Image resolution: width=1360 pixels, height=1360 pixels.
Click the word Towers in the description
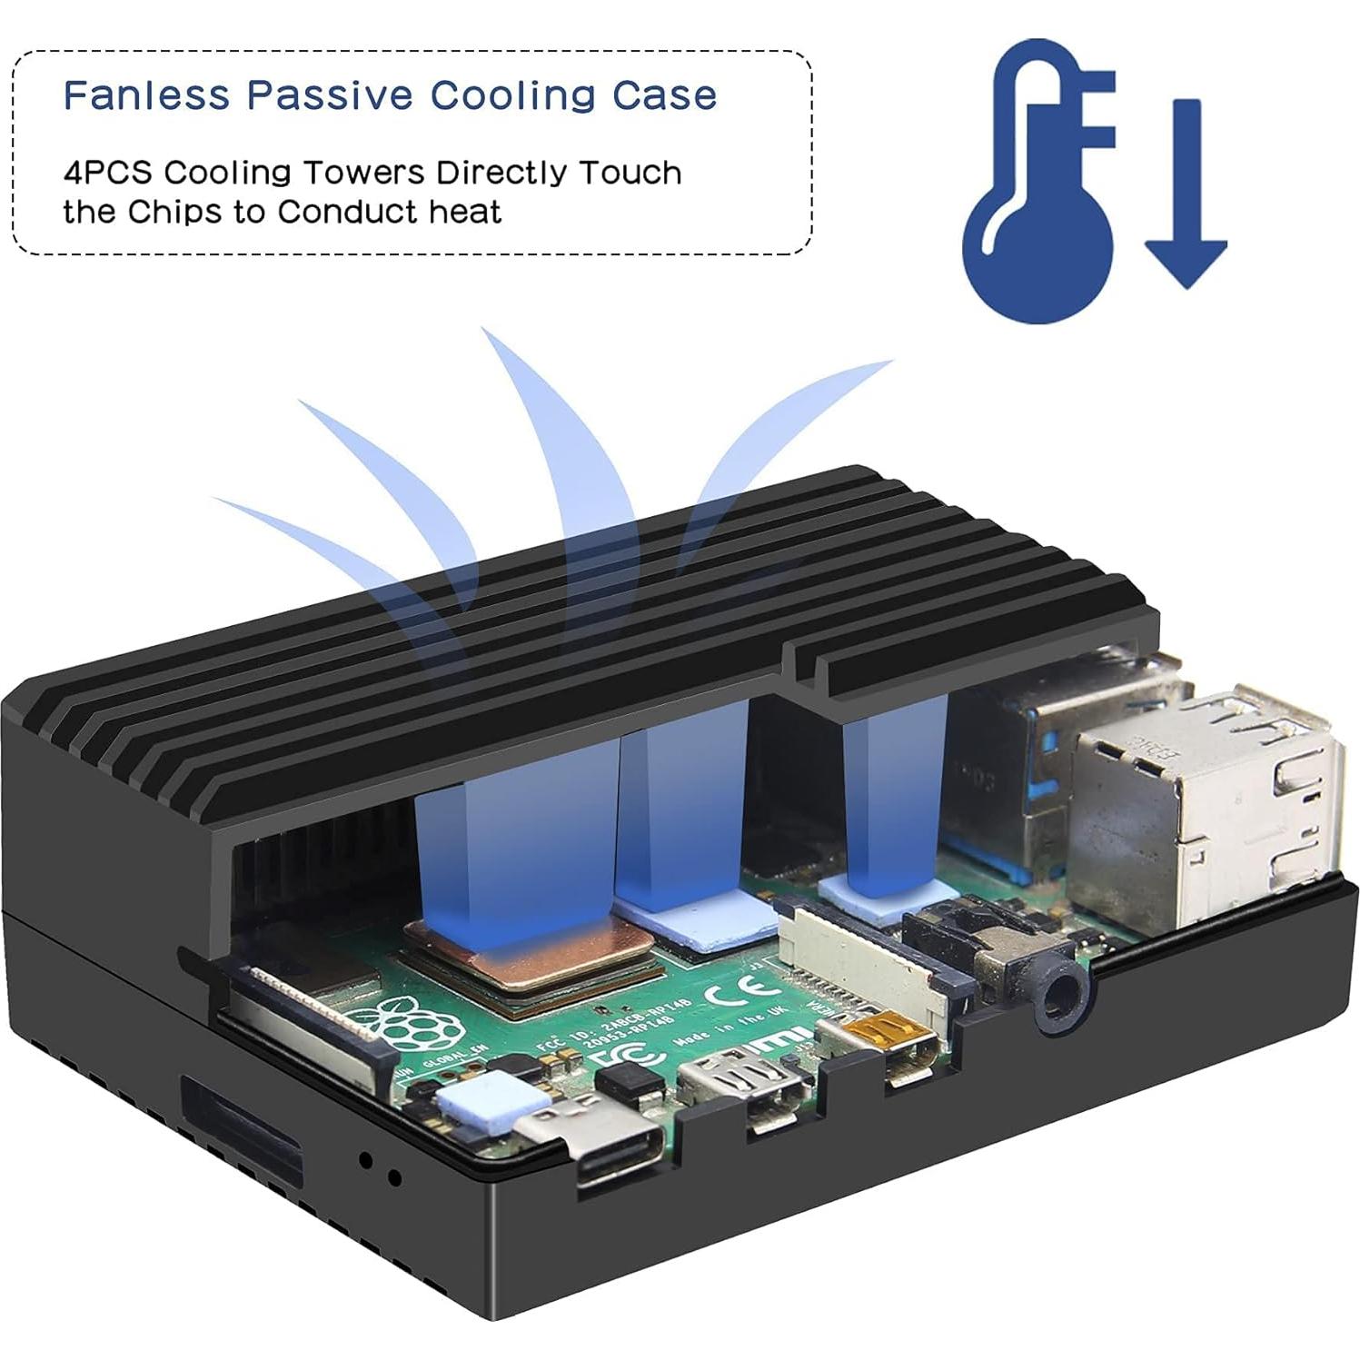click(362, 173)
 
